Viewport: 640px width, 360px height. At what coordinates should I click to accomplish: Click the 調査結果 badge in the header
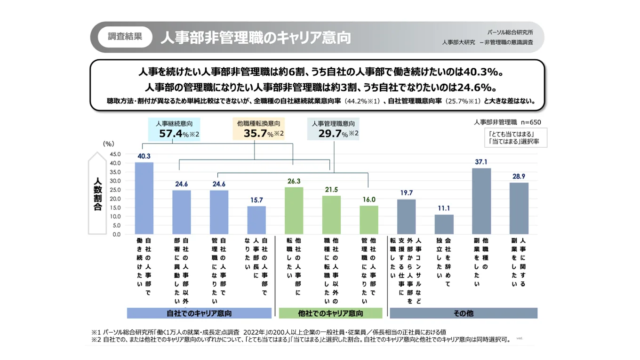click(125, 37)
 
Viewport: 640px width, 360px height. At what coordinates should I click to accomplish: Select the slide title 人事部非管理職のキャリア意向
click(256, 38)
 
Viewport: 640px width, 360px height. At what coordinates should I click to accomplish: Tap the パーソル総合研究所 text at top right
click(510, 32)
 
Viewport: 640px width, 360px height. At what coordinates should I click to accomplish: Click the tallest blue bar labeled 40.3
click(144, 198)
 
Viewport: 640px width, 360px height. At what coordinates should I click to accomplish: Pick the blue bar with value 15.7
click(256, 220)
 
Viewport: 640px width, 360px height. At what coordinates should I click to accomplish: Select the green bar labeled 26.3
click(294, 210)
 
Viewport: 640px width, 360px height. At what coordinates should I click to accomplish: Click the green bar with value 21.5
click(331, 215)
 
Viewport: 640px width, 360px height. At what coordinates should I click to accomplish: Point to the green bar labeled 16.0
click(368, 220)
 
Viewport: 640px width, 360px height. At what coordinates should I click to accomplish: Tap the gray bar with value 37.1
click(481, 201)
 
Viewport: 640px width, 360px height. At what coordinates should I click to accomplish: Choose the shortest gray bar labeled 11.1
click(444, 224)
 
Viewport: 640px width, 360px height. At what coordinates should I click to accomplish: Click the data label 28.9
click(519, 176)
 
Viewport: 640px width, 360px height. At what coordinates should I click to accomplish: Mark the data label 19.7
click(406, 193)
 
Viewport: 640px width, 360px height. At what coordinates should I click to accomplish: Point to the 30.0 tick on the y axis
click(115, 181)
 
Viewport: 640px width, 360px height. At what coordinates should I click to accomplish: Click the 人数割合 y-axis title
click(98, 194)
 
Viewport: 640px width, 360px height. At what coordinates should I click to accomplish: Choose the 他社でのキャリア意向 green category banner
click(330, 313)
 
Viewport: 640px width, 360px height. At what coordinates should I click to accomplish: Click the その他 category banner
click(464, 313)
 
